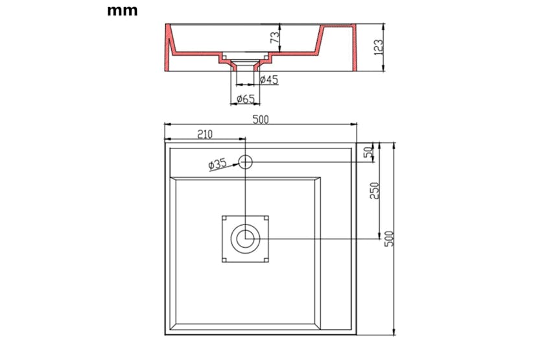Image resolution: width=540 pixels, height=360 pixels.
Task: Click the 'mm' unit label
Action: (x=123, y=10)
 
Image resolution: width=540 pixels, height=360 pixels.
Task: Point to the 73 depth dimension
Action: (x=275, y=37)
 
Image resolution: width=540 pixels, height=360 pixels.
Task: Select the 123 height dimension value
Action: (x=378, y=47)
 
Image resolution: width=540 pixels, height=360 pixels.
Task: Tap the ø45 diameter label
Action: (x=269, y=80)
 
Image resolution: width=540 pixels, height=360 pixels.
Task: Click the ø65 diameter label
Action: (x=246, y=99)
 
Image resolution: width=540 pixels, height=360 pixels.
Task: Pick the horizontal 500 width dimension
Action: (x=261, y=119)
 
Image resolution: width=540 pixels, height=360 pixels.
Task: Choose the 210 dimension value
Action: (x=205, y=134)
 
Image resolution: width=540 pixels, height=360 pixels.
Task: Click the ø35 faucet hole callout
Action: (x=218, y=164)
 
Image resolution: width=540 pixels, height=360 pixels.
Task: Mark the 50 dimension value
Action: (x=368, y=152)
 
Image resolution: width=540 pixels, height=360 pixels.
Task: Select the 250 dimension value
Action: (x=374, y=191)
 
